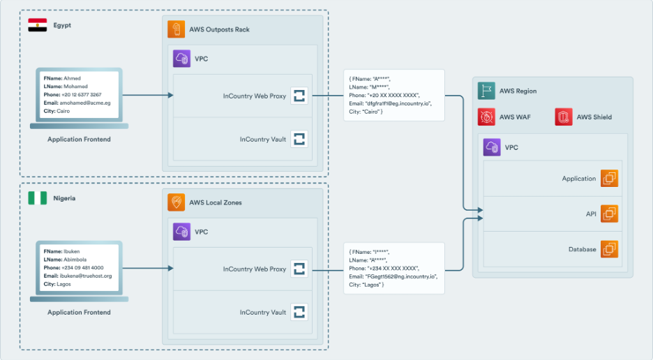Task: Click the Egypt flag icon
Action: click(38, 25)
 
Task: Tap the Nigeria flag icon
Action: click(38, 198)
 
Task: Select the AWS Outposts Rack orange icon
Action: click(177, 30)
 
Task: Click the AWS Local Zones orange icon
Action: click(177, 202)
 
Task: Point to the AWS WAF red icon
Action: click(486, 117)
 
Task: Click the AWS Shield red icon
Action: click(564, 117)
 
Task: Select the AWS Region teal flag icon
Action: click(486, 91)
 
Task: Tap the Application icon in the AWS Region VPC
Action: click(609, 179)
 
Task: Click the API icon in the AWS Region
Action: click(609, 213)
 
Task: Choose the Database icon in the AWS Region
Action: click(609, 249)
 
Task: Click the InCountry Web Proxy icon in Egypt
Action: click(299, 96)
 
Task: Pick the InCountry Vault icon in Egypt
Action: click(299, 139)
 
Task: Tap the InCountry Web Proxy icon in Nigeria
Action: click(299, 269)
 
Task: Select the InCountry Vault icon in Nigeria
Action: click(299, 312)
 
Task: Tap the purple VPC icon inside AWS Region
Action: click(493, 148)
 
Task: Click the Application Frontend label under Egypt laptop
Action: click(79, 140)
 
